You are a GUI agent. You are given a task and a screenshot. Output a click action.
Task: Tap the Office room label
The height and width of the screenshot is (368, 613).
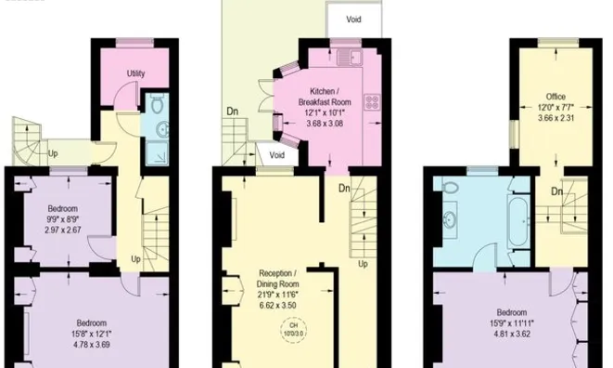556,96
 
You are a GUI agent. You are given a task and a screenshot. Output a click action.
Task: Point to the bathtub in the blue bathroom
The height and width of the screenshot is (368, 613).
518,221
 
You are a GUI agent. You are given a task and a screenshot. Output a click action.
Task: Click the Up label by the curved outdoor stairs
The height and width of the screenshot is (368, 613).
52,153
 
